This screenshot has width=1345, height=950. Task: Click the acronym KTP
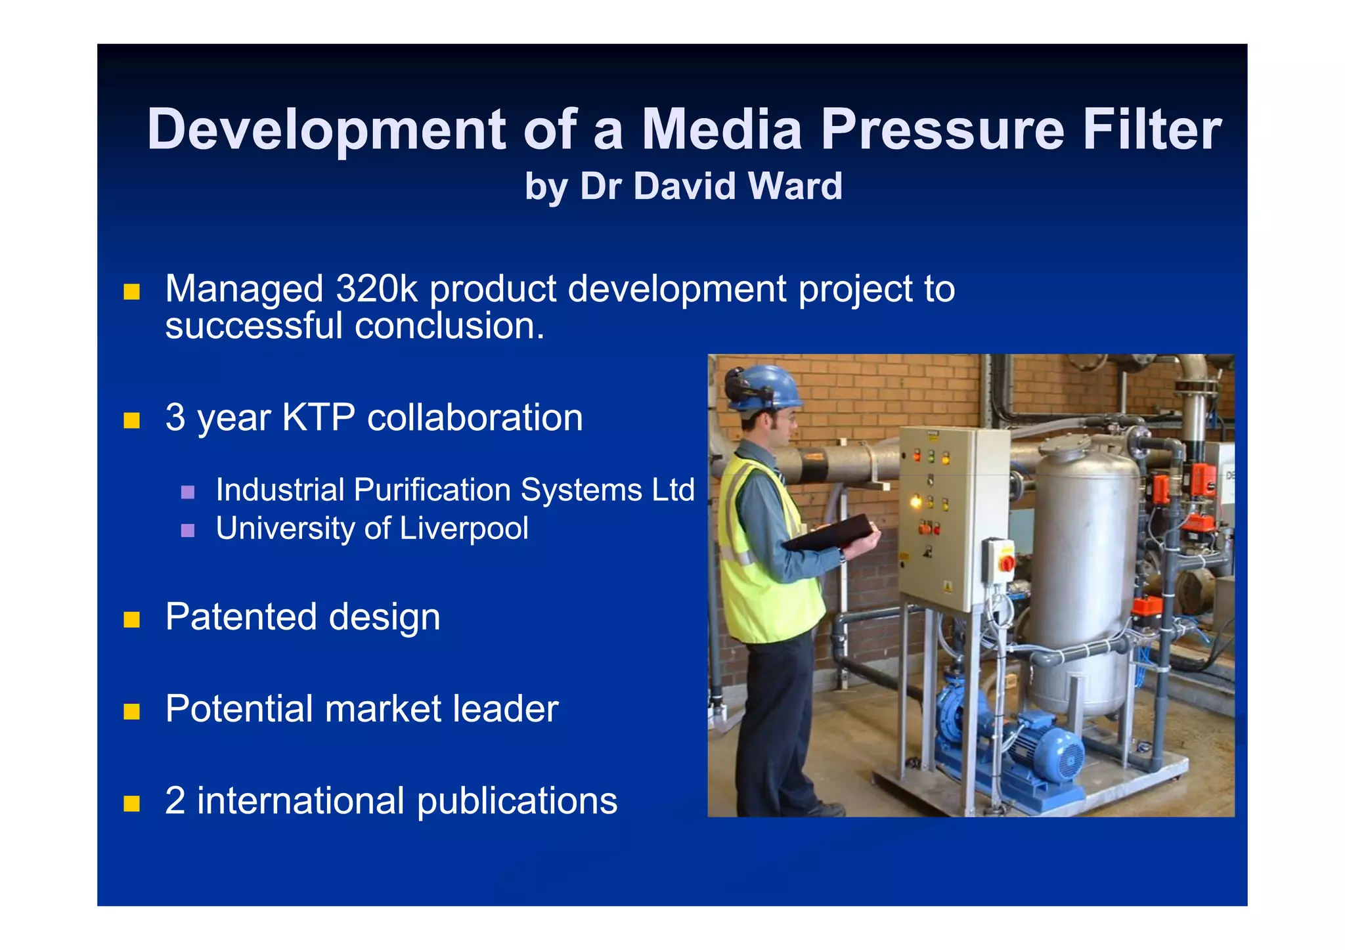coord(319,418)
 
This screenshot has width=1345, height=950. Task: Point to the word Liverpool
coord(464,529)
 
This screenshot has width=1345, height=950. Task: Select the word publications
coord(517,801)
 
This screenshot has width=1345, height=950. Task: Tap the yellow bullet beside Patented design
coord(132,619)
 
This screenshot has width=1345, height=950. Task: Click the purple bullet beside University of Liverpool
coord(188,530)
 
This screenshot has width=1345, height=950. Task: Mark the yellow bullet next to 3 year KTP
coord(132,420)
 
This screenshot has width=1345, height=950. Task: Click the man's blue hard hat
coord(765,387)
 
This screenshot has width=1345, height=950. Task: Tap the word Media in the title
coord(721,129)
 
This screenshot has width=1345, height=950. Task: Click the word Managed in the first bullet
coord(244,289)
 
